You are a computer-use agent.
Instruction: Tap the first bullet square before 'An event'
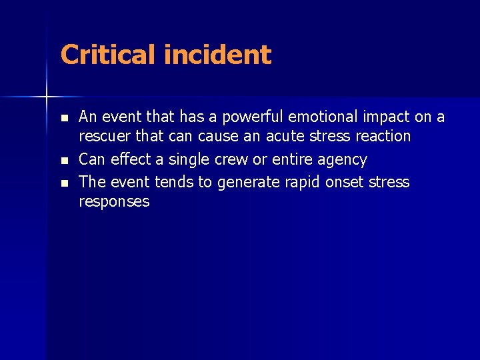pyautogui.click(x=63, y=118)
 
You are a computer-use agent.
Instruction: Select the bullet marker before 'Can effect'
pyautogui.click(x=63, y=161)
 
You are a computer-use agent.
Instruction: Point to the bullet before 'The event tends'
pyautogui.click(x=63, y=183)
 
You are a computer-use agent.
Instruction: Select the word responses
pyautogui.click(x=114, y=201)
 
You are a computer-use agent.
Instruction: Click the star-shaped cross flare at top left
pyautogui.click(x=47, y=97)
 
